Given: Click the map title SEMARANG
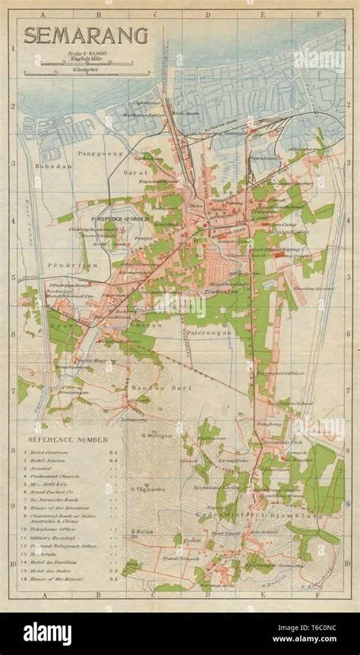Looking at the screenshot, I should (75, 36).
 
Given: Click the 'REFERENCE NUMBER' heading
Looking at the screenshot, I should (68, 439).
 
